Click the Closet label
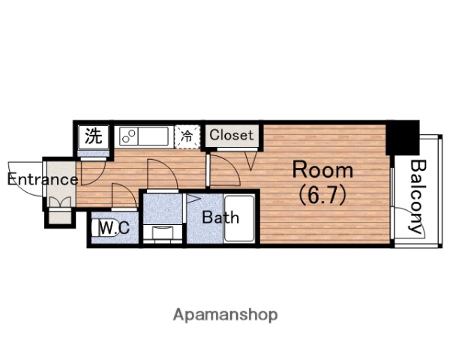coord(231,135)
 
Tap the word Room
coord(322,170)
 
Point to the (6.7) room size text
coord(322,195)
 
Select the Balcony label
coord(417,196)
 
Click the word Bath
coord(220,217)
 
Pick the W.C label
coord(114,228)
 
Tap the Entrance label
coord(43,180)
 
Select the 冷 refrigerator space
coord(187,136)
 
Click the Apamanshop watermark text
coord(225,315)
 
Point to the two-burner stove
coord(129,136)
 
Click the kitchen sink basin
coord(153,136)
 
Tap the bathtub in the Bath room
coord(239,219)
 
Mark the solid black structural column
coord(403,138)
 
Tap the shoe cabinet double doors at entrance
coord(60,202)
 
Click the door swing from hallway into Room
coord(225,170)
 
